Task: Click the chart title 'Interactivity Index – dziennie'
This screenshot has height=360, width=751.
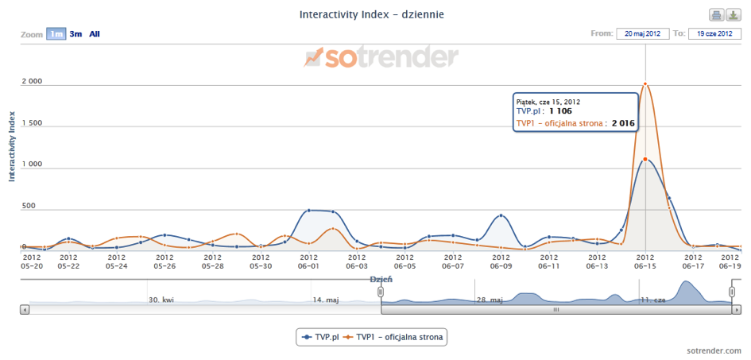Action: click(371, 14)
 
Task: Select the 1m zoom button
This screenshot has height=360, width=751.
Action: click(56, 34)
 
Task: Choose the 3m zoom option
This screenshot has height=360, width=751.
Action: click(75, 34)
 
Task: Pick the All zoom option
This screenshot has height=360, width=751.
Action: click(95, 34)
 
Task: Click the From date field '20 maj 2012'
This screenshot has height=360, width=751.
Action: click(642, 34)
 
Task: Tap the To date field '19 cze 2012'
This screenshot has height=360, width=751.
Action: click(714, 34)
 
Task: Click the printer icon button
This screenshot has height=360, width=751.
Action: click(716, 15)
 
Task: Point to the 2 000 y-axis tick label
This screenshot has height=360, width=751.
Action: click(32, 83)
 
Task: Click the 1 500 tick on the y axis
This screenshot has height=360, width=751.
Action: click(32, 124)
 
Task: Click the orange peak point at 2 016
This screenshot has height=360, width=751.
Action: click(645, 83)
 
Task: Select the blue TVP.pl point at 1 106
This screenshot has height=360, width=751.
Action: click(645, 159)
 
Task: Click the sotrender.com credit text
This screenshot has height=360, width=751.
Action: click(715, 350)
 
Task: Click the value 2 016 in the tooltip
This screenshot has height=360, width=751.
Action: click(623, 123)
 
